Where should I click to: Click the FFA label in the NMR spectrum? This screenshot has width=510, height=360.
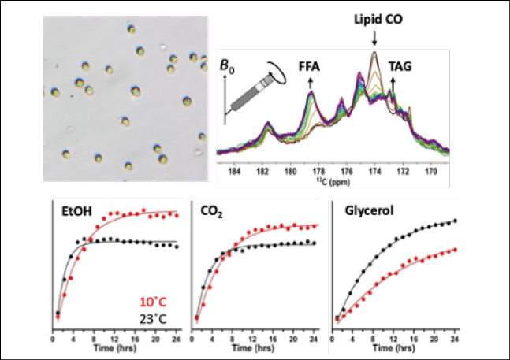point(312,69)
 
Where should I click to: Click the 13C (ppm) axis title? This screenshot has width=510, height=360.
point(334,179)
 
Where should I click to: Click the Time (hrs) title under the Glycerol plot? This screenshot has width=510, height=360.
point(394,346)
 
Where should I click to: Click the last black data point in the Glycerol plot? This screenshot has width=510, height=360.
point(455,221)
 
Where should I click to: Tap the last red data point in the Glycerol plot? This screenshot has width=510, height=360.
point(455,249)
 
